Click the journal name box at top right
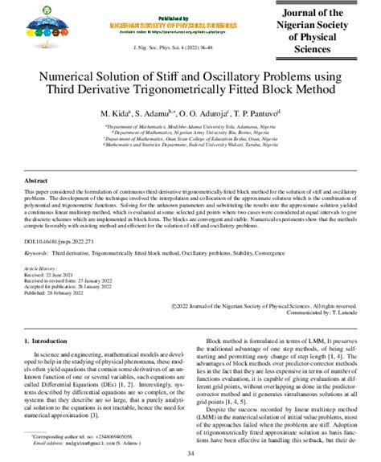(x=328, y=30)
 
